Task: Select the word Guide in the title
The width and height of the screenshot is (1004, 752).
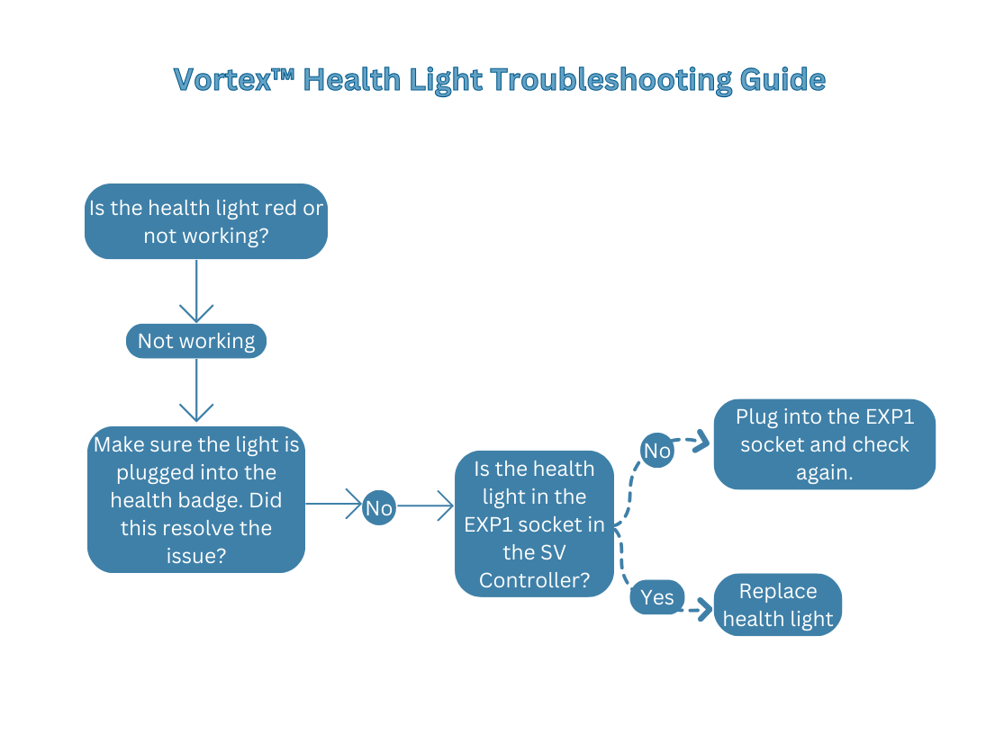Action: tap(782, 79)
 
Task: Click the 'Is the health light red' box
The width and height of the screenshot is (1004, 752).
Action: tap(205, 221)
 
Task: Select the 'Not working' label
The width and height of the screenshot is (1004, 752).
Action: tap(196, 341)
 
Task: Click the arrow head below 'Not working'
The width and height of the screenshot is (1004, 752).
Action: tap(196, 413)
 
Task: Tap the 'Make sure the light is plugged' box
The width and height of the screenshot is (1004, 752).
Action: tap(196, 499)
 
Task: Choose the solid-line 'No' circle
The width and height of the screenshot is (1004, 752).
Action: tap(379, 508)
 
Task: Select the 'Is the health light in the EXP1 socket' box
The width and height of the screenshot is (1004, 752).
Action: tap(535, 524)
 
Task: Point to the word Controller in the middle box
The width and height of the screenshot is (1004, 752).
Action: tap(535, 580)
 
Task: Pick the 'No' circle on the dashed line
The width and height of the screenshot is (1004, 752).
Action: tap(657, 451)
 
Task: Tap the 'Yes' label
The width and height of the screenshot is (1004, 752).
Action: tap(657, 597)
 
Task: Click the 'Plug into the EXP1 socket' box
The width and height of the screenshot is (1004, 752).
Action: tap(824, 444)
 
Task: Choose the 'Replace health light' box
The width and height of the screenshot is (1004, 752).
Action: tap(778, 604)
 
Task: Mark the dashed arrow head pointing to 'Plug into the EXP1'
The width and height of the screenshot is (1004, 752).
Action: tap(701, 443)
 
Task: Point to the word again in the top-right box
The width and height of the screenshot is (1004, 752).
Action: tap(824, 472)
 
